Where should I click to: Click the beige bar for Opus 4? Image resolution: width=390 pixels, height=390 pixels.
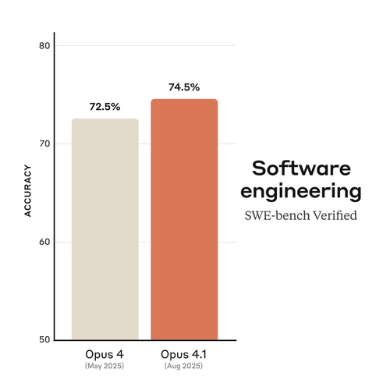pyautogui.click(x=105, y=229)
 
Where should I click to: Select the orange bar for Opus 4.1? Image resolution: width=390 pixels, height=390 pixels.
pyautogui.click(x=184, y=219)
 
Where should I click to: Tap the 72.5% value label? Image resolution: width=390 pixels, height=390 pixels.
pyautogui.click(x=105, y=107)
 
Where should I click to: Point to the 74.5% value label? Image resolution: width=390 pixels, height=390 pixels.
pyautogui.click(x=184, y=87)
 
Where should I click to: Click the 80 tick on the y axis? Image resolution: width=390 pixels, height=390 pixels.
pyautogui.click(x=44, y=46)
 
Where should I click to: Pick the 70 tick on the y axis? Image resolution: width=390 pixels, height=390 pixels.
pyautogui.click(x=44, y=144)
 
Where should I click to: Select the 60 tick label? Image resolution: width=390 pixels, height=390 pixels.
pyautogui.click(x=44, y=242)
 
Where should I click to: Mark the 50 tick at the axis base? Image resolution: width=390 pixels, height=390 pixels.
pyautogui.click(x=44, y=339)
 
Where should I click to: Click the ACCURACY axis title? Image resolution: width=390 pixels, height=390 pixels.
pyautogui.click(x=27, y=190)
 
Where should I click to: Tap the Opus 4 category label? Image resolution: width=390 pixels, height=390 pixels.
pyautogui.click(x=105, y=354)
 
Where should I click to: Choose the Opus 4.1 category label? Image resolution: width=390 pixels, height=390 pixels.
pyautogui.click(x=183, y=354)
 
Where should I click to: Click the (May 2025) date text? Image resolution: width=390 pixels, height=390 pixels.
pyautogui.click(x=105, y=366)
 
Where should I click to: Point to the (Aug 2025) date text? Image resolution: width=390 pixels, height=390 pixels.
pyautogui.click(x=183, y=366)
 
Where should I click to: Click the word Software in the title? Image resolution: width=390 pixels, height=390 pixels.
pyautogui.click(x=301, y=168)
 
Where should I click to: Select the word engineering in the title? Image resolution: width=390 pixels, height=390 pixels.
pyautogui.click(x=301, y=192)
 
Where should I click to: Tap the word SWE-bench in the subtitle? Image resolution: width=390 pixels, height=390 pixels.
pyautogui.click(x=277, y=215)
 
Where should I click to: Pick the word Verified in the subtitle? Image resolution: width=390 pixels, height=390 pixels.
pyautogui.click(x=335, y=215)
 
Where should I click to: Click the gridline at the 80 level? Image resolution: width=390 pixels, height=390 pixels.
pyautogui.click(x=146, y=45)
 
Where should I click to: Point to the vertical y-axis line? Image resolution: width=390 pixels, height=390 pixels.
pyautogui.click(x=55, y=186)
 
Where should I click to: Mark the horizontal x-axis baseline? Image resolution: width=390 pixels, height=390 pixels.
pyautogui.click(x=145, y=340)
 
